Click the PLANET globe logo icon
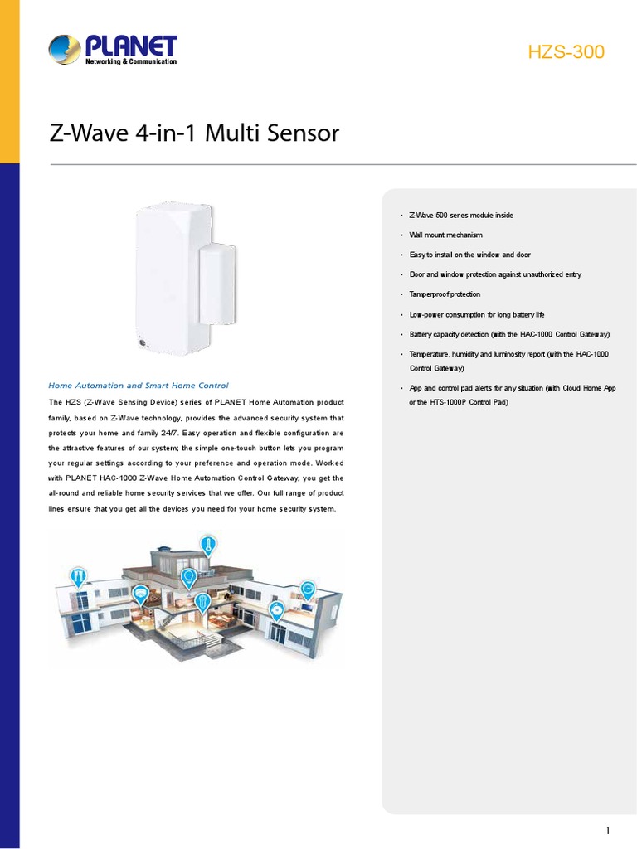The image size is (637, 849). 66,51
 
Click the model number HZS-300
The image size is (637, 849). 566,52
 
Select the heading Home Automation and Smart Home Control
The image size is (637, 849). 139,386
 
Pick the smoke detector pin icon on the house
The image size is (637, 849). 277,611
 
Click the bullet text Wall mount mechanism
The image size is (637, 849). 445,235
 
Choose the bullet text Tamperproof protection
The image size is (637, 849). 445,294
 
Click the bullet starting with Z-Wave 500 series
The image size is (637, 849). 461,216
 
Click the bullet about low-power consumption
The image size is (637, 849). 477,315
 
